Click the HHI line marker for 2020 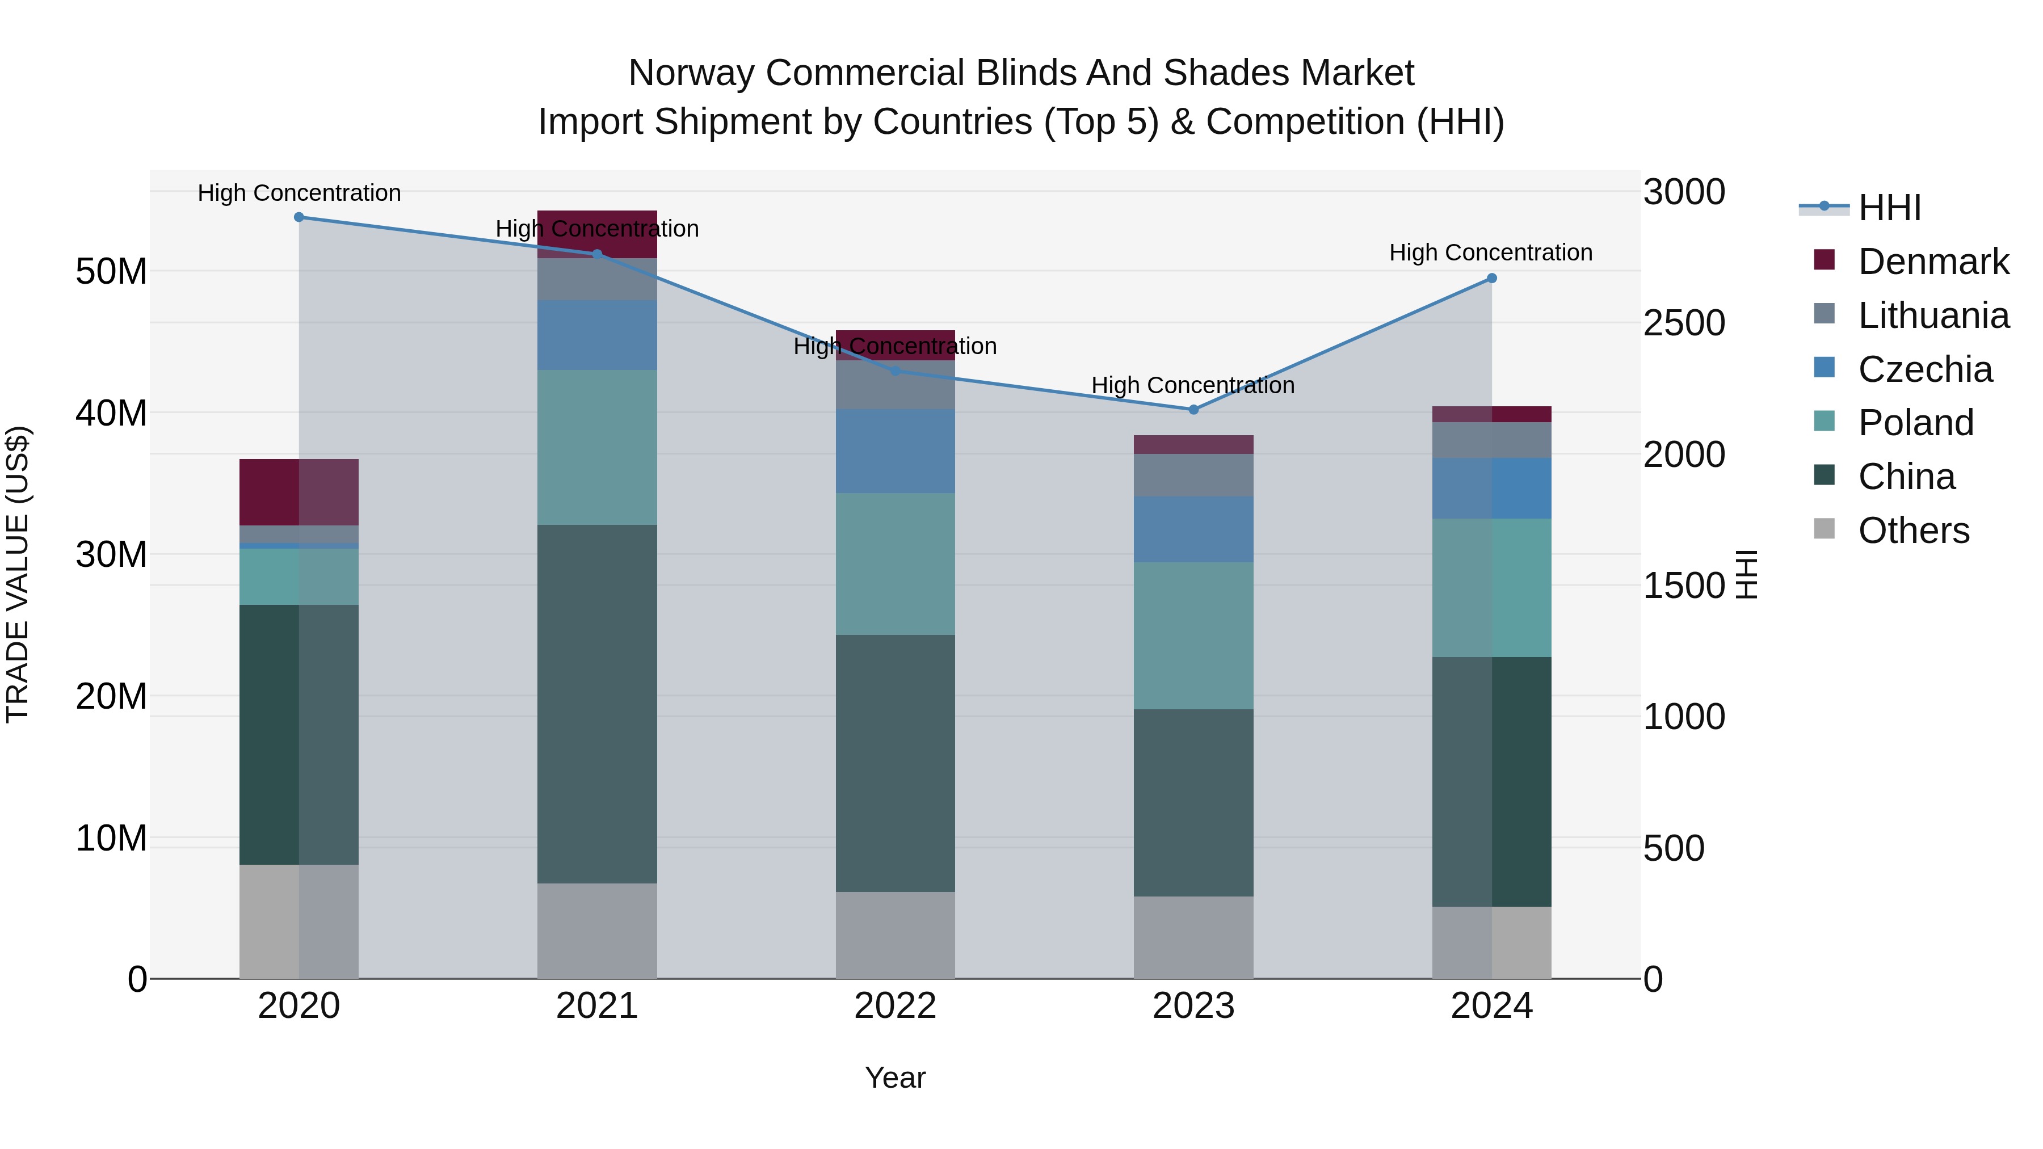[299, 217]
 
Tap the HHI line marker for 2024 [1492, 279]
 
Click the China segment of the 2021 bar [597, 704]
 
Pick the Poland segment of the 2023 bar [1193, 636]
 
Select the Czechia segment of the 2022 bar [896, 451]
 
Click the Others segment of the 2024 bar [1492, 943]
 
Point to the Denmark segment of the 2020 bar [299, 493]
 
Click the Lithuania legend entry [1933, 315]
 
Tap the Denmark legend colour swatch [1824, 260]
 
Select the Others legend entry [1913, 531]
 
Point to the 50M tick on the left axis [111, 272]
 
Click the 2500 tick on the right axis [1684, 323]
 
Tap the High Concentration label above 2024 [1491, 253]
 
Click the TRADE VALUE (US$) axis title [18, 574]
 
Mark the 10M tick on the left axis [111, 838]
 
